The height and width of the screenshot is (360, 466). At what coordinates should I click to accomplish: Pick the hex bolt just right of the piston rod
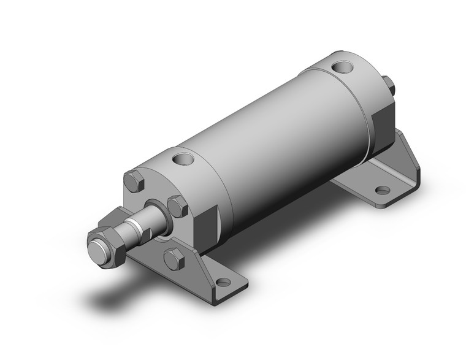(177, 205)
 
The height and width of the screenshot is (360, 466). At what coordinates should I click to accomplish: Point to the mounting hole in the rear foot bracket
(382, 191)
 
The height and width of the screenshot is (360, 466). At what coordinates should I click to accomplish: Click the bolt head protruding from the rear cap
(388, 85)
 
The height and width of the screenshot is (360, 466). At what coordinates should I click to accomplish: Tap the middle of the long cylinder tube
(276, 141)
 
